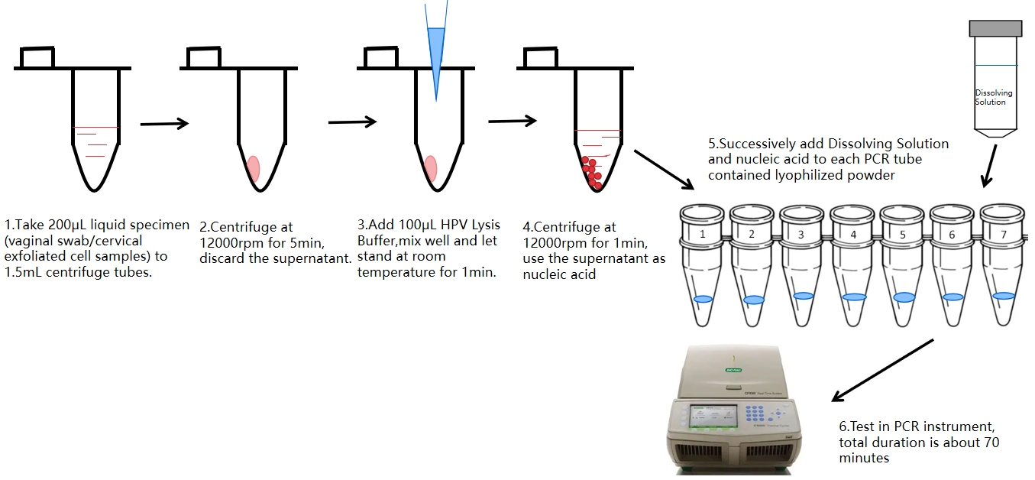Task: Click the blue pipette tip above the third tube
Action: (x=436, y=54)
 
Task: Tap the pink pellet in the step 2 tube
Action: (x=254, y=167)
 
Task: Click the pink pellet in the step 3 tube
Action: (x=431, y=167)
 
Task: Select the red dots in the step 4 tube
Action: (x=591, y=173)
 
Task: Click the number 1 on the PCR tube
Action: (x=702, y=234)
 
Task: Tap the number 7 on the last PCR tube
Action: (x=1002, y=235)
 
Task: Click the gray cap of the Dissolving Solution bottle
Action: (x=995, y=28)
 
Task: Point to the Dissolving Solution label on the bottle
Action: (x=994, y=97)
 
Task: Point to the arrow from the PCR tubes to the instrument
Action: (x=882, y=370)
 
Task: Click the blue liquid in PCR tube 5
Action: (x=904, y=296)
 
